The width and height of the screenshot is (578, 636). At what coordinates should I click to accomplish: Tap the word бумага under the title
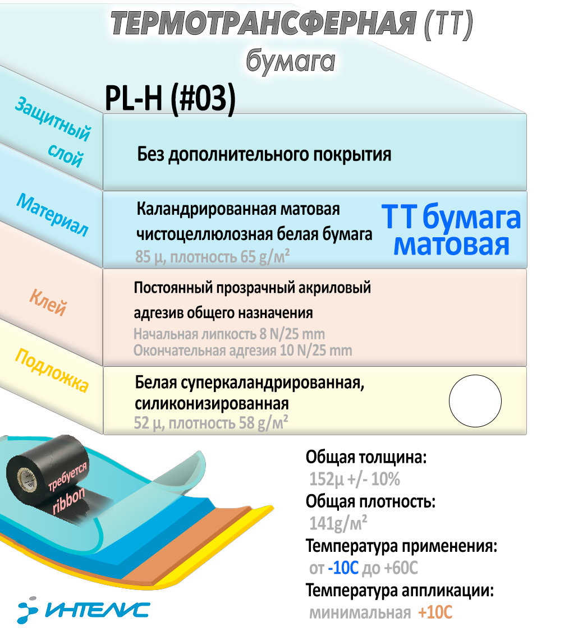(291, 61)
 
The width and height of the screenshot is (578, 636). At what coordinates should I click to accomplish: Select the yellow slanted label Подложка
(52, 370)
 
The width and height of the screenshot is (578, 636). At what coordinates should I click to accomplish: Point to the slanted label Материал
(52, 215)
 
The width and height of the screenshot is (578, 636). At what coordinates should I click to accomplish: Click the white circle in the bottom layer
(475, 401)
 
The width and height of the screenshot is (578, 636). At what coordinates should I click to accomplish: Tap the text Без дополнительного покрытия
(264, 155)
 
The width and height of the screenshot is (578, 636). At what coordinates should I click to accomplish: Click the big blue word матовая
(451, 245)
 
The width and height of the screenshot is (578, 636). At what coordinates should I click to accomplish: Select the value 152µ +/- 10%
(354, 479)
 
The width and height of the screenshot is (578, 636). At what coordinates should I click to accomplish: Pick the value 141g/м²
(338, 523)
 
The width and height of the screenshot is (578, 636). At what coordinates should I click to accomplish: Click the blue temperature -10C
(343, 568)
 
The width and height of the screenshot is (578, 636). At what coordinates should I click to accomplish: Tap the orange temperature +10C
(435, 612)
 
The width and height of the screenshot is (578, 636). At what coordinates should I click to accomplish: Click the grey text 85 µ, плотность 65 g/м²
(212, 257)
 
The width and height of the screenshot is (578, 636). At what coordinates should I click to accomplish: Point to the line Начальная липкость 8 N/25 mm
(230, 334)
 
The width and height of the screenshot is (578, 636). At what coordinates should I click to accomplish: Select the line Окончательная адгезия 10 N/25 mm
(243, 351)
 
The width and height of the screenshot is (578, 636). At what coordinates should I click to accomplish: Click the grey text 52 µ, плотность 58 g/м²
(211, 423)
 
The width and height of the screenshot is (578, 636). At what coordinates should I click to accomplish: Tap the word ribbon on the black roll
(68, 500)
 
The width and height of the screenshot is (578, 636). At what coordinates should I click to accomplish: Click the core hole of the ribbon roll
(27, 478)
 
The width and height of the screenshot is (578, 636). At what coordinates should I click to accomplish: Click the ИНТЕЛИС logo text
(98, 610)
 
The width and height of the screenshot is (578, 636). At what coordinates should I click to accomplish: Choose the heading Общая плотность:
(370, 502)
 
